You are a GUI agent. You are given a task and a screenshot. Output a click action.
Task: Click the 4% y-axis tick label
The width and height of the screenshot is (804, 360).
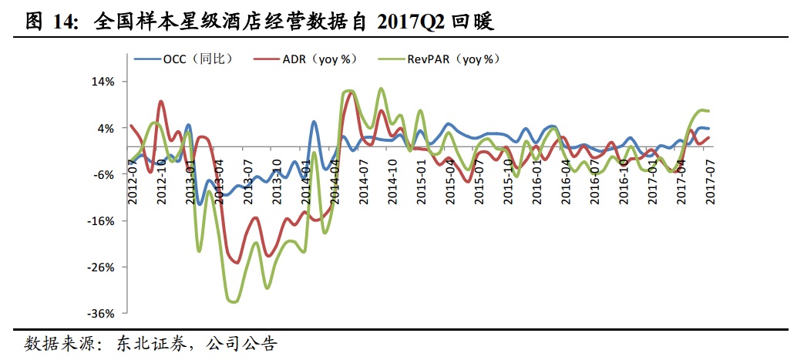(x=107, y=128)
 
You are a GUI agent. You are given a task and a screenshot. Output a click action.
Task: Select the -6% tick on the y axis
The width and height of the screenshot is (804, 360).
(x=106, y=174)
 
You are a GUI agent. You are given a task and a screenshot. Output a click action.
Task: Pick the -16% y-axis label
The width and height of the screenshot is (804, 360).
(x=104, y=220)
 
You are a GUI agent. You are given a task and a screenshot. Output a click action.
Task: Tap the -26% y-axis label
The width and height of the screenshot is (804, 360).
(x=104, y=267)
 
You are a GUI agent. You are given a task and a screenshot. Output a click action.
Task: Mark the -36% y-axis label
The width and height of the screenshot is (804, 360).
(x=104, y=314)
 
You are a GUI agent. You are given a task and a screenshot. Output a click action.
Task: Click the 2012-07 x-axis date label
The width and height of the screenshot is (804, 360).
(x=133, y=182)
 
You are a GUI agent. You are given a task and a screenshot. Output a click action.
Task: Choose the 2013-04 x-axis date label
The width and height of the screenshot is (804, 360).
(x=219, y=182)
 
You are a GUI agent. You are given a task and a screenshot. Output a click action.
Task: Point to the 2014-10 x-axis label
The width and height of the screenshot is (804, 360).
(x=392, y=182)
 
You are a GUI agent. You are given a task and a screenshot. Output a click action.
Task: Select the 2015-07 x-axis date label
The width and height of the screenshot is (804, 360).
(x=479, y=182)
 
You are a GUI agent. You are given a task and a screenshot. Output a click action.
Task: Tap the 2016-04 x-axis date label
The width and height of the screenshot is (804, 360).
(x=566, y=182)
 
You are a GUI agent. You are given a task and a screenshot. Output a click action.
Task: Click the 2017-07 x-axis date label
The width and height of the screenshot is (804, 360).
(x=710, y=182)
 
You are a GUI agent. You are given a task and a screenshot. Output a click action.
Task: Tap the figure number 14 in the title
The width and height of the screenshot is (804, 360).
(x=64, y=21)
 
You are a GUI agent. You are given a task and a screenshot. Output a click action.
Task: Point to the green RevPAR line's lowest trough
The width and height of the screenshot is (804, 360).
(x=232, y=301)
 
